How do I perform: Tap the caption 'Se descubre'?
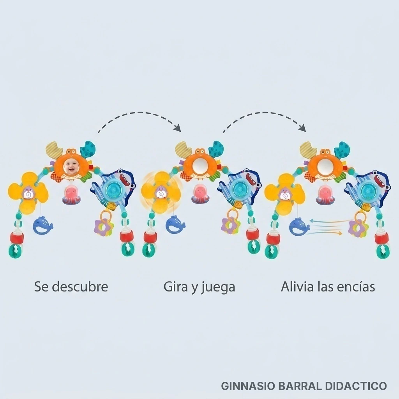point(71,287)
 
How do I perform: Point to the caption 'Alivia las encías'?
point(328,287)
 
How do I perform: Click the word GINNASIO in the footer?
point(248,386)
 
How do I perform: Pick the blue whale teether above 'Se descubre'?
point(42,225)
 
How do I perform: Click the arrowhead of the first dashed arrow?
point(178,128)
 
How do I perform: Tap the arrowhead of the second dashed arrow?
point(303,128)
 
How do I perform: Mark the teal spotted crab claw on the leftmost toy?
point(88,150)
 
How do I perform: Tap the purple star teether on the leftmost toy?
point(103,227)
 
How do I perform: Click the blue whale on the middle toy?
point(176,225)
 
